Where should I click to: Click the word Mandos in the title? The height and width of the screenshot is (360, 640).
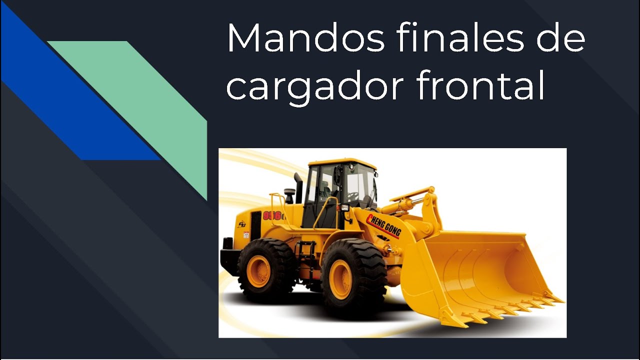[x=305, y=38]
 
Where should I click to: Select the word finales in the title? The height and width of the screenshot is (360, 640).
[x=460, y=38]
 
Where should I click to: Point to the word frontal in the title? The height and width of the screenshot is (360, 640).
[x=480, y=86]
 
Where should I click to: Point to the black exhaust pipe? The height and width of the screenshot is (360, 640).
[x=298, y=187]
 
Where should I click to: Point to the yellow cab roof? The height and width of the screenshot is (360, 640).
[x=342, y=163]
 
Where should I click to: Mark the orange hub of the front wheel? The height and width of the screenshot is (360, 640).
[x=342, y=278]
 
